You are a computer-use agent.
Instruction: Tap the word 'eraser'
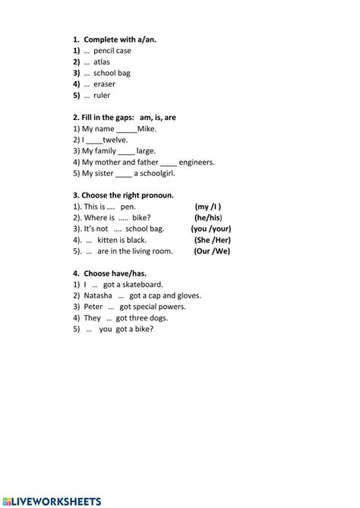(105, 84)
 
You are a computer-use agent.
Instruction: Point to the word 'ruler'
(102, 96)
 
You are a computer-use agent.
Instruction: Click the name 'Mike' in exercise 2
(147, 128)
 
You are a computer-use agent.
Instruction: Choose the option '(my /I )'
(208, 207)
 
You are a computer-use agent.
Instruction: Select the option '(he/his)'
(207, 217)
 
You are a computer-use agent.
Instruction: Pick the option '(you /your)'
(211, 229)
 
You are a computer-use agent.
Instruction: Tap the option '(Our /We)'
(211, 251)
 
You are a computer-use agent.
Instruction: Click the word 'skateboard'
(143, 284)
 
